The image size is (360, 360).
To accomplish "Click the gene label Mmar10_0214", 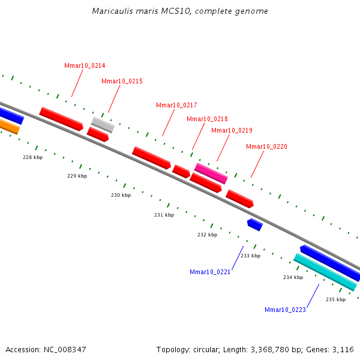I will (x=85, y=65).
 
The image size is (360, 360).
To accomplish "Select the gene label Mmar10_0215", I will (x=122, y=81).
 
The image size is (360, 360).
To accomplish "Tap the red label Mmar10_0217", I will (x=176, y=105).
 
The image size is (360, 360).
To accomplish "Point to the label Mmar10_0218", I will (x=207, y=119).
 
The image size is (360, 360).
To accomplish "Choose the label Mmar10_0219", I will (x=232, y=130).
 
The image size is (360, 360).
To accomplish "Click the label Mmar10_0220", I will (x=266, y=146).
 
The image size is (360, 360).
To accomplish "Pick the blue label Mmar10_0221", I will (x=210, y=272).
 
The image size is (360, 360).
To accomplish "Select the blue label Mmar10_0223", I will (x=285, y=310).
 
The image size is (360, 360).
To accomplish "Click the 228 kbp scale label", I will (x=32, y=157).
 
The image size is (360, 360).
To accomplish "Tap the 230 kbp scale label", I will (x=121, y=195).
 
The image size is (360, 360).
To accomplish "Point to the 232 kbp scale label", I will (x=207, y=235).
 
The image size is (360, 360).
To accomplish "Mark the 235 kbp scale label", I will (x=335, y=299).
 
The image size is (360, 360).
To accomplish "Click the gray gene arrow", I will (x=103, y=124).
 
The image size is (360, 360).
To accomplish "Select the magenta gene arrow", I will (x=211, y=173).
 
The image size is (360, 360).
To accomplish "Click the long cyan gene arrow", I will (x=325, y=272).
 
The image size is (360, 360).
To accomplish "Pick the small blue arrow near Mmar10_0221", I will (x=255, y=224).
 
